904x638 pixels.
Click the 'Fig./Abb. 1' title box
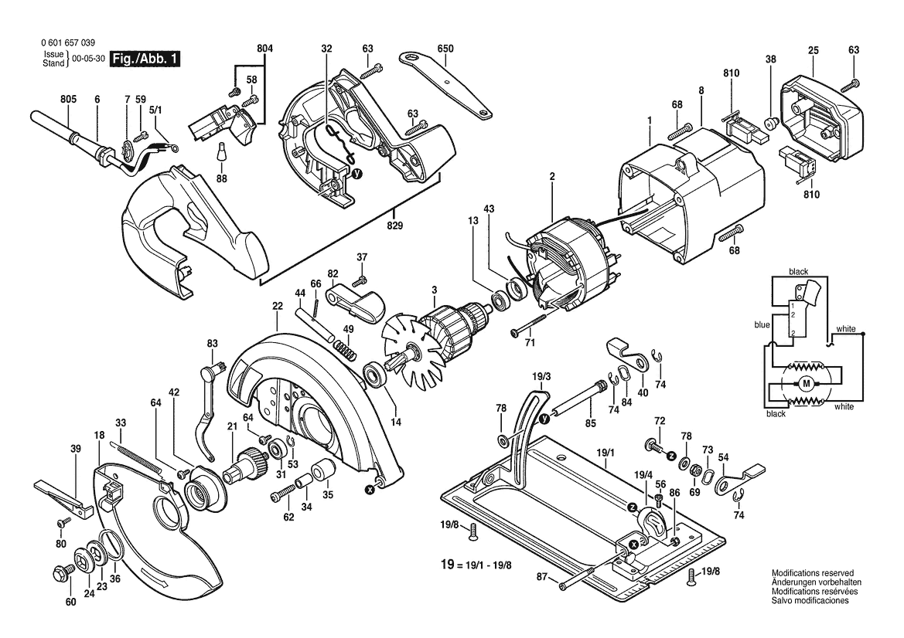tap(145, 59)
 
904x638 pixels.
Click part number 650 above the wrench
tap(445, 49)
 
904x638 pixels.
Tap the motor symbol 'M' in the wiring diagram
tap(807, 383)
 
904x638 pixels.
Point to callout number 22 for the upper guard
tap(278, 307)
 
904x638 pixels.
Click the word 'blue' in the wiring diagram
tap(762, 324)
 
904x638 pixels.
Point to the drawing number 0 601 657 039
tap(68, 42)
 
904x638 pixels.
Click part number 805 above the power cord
tap(68, 100)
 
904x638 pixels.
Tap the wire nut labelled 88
tap(220, 151)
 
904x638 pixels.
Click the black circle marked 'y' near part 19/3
tap(543, 419)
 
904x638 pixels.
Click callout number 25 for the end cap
tap(814, 51)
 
